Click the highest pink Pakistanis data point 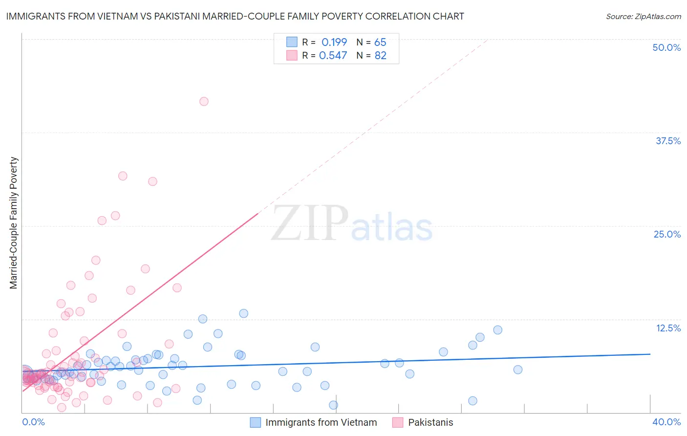pyautogui.click(x=204, y=101)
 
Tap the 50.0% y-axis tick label pyautogui.click(x=666, y=47)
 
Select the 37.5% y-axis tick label pyautogui.click(x=668, y=141)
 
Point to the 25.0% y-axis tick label pyautogui.click(x=667, y=234)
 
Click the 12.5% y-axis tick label pyautogui.click(x=668, y=328)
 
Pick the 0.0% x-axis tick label pyautogui.click(x=33, y=422)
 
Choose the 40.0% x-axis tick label pyautogui.click(x=666, y=422)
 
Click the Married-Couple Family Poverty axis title pyautogui.click(x=14, y=223)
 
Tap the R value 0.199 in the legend pyautogui.click(x=334, y=42)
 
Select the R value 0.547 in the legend pyautogui.click(x=333, y=55)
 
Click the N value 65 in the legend pyautogui.click(x=380, y=42)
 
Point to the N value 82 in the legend pyautogui.click(x=380, y=55)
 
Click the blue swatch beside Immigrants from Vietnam pyautogui.click(x=255, y=422)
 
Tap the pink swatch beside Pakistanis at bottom pyautogui.click(x=398, y=422)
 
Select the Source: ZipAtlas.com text pyautogui.click(x=643, y=16)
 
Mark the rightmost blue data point pyautogui.click(x=518, y=370)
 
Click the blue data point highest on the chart pyautogui.click(x=243, y=313)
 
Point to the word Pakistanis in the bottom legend pyautogui.click(x=430, y=422)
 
